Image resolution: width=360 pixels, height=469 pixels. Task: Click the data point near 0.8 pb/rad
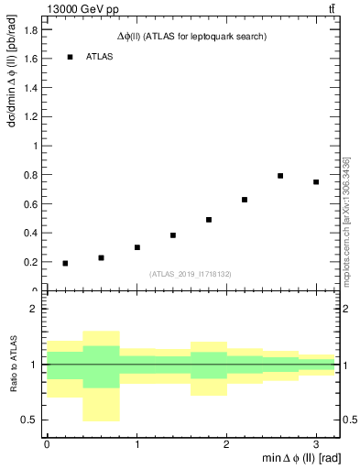(x=280, y=176)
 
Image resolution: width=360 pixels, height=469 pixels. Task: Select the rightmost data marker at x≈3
(x=316, y=182)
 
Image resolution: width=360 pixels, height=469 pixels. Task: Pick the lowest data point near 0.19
(x=65, y=263)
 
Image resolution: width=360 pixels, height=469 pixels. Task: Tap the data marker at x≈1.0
(x=137, y=247)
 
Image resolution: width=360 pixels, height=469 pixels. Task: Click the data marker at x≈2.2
(x=245, y=200)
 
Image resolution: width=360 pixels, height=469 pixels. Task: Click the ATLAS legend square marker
(x=70, y=57)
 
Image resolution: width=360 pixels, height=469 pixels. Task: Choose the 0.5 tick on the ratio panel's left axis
(x=34, y=420)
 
